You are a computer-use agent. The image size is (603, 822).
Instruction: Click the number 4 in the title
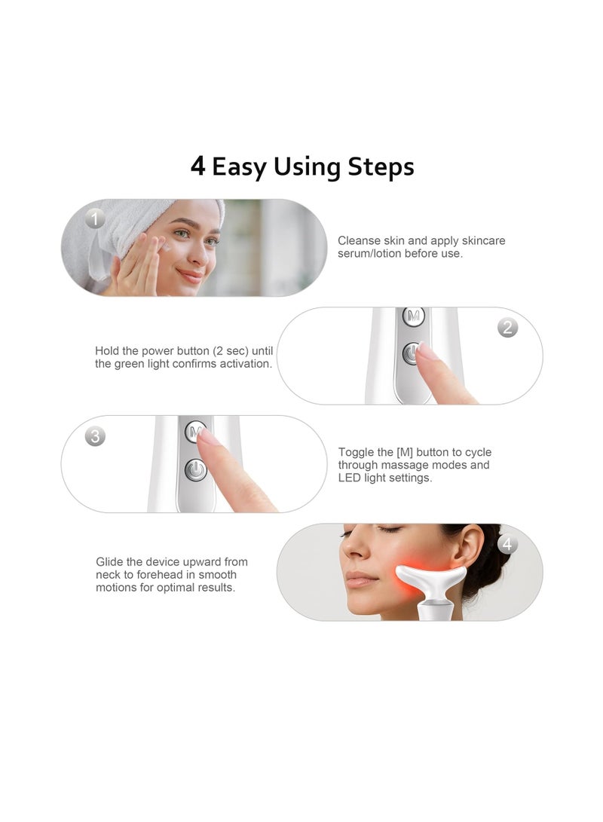point(197,167)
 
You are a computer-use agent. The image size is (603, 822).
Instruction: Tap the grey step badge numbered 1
point(94,219)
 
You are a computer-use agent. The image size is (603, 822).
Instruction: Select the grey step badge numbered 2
point(507,327)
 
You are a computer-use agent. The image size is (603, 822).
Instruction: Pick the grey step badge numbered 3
point(94,436)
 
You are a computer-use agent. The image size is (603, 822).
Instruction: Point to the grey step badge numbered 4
point(507,544)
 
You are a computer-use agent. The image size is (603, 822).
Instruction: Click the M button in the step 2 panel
point(413,316)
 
